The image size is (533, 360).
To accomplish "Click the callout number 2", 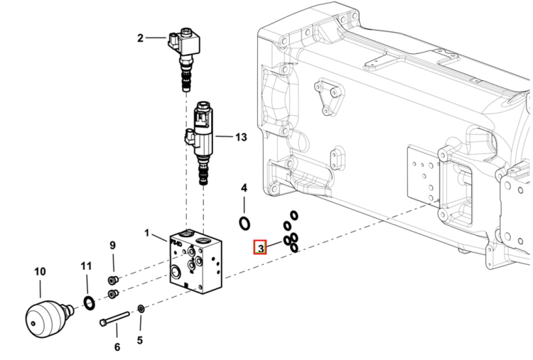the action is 140,38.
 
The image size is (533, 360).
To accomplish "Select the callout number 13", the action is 241,137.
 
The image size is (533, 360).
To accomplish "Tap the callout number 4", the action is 244,188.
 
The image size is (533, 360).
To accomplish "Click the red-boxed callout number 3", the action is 260,248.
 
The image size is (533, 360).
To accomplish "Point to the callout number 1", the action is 147,233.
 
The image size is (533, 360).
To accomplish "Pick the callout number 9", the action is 112,245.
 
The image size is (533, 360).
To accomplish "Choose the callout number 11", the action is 86,266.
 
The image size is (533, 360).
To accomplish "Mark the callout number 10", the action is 40,272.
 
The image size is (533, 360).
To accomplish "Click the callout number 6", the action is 117,347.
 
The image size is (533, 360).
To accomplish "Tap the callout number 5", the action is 140,340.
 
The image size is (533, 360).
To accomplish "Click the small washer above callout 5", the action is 141,309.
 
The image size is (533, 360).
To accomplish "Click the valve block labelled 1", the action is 196,261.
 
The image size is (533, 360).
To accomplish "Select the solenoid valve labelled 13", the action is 200,143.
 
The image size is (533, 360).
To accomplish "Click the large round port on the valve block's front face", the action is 176,272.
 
